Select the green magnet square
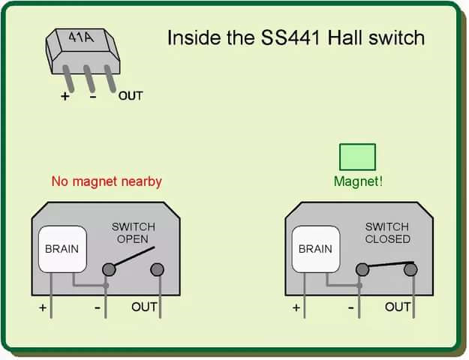357,157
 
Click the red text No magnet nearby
107,181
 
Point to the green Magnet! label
358,181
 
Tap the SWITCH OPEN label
134,232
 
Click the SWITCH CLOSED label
387,232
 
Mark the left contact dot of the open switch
109,268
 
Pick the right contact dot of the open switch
157,268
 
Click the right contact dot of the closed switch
410,268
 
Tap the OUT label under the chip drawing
131,95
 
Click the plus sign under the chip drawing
65,96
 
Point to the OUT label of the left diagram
144,306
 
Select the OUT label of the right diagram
398,306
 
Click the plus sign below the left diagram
43,307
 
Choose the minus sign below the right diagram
350,307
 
